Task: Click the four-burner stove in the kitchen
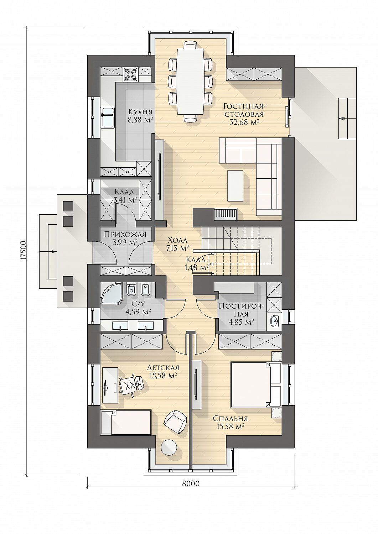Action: [130, 74]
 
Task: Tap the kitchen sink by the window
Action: [108, 117]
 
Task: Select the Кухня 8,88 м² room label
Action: [140, 115]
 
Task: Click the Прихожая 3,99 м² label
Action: [125, 238]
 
